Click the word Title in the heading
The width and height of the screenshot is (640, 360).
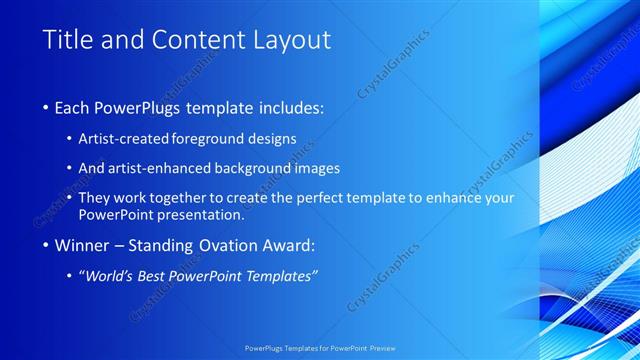(x=68, y=40)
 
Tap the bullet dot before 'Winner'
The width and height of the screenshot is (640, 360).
(x=47, y=245)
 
